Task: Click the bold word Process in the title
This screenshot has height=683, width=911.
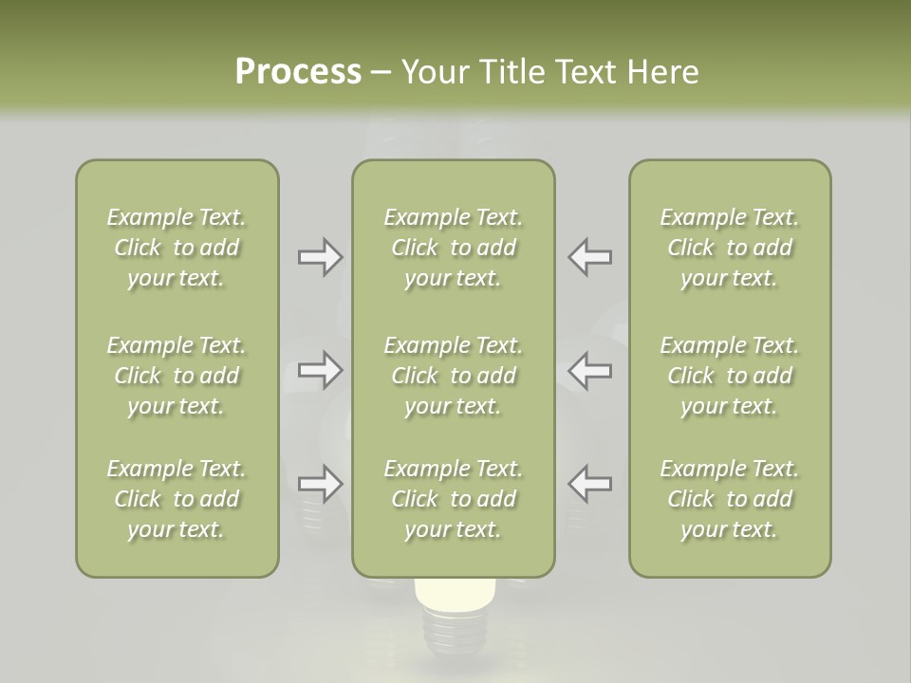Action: tap(298, 72)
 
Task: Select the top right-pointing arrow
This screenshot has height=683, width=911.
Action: tap(320, 257)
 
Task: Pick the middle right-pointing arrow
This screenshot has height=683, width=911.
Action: tap(320, 370)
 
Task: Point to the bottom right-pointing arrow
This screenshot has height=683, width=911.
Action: tap(320, 484)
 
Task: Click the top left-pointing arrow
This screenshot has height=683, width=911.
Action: tap(590, 257)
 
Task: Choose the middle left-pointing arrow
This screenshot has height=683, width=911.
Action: tap(590, 370)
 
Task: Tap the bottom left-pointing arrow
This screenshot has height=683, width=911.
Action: tap(590, 484)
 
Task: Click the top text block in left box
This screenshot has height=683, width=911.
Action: tap(177, 248)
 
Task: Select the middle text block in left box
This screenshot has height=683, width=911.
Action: tap(177, 376)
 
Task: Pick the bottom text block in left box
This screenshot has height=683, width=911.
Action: tap(177, 499)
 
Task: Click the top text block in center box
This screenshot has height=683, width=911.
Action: tap(453, 248)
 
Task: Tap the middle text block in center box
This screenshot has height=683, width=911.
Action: tap(453, 376)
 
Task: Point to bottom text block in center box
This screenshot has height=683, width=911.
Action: tap(453, 499)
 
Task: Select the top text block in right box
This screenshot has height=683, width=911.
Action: tap(729, 248)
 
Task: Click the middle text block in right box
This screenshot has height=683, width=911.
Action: tap(729, 376)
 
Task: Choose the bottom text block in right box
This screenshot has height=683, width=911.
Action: tap(729, 499)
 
